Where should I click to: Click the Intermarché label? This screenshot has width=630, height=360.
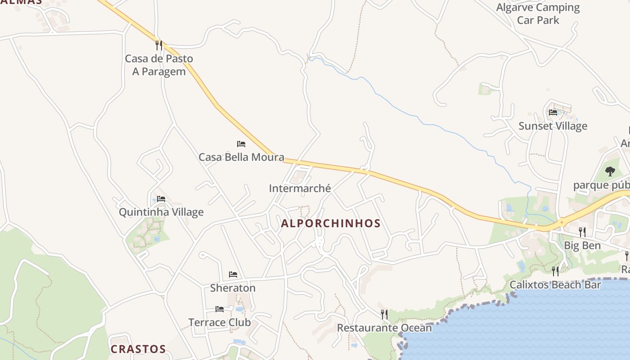pyautogui.click(x=300, y=189)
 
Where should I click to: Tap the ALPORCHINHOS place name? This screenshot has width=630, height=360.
pyautogui.click(x=331, y=224)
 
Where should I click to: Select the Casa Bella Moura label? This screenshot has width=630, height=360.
pyautogui.click(x=241, y=157)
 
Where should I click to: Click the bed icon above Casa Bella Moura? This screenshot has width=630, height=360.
pyautogui.click(x=241, y=144)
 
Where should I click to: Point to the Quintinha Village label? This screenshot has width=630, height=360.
pyautogui.click(x=161, y=212)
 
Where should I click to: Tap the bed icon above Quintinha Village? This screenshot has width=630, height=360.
pyautogui.click(x=161, y=198)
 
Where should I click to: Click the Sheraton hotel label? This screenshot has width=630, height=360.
pyautogui.click(x=233, y=288)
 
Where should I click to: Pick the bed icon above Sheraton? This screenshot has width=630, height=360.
pyautogui.click(x=233, y=274)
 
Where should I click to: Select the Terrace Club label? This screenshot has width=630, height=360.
pyautogui.click(x=220, y=322)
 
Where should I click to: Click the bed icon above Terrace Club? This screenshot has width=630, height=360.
pyautogui.click(x=220, y=309)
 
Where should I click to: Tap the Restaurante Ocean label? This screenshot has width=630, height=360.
pyautogui.click(x=384, y=328)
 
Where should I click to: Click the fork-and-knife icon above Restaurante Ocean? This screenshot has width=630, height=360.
pyautogui.click(x=384, y=314)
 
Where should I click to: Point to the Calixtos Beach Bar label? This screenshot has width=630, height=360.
pyautogui.click(x=555, y=285)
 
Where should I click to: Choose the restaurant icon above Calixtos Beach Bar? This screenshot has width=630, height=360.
pyautogui.click(x=555, y=271)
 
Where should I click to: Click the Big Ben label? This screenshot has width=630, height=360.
pyautogui.click(x=582, y=246)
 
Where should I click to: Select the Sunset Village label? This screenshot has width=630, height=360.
pyautogui.click(x=553, y=126)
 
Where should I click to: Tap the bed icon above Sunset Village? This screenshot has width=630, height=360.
pyautogui.click(x=553, y=112)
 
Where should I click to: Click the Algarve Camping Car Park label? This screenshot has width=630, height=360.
pyautogui.click(x=538, y=13)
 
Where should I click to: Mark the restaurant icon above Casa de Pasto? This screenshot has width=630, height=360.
pyautogui.click(x=158, y=45)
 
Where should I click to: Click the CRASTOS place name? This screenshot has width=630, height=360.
pyautogui.click(x=138, y=349)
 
